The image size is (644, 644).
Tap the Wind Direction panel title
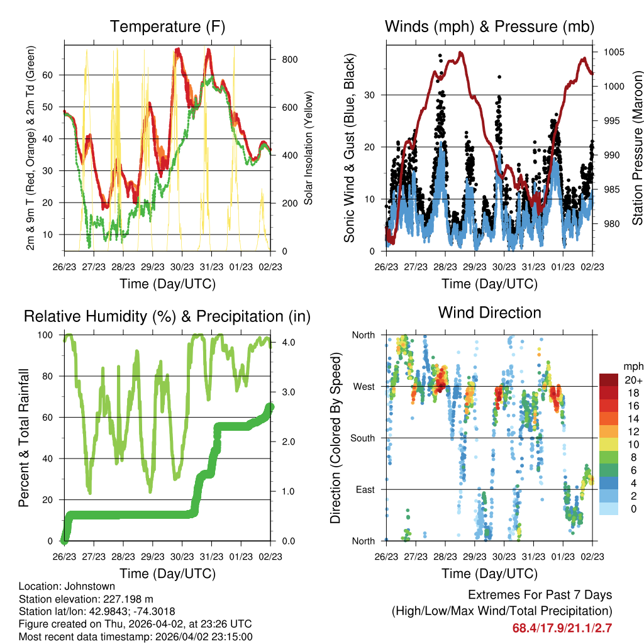point(489,313)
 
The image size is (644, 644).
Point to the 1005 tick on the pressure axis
point(613,52)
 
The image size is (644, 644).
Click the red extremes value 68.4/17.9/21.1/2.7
point(562,628)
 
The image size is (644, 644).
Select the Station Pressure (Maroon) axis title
point(636,148)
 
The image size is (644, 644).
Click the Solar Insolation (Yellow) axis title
point(309,148)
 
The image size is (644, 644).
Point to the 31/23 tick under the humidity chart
point(211,557)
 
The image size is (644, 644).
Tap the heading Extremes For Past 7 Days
point(540,595)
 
